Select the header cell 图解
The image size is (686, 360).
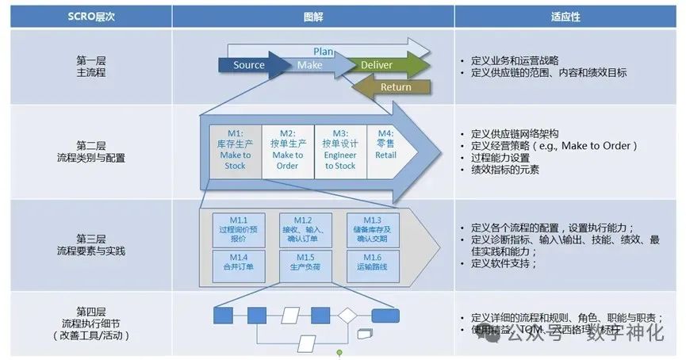click(312, 16)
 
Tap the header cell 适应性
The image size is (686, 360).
click(569, 16)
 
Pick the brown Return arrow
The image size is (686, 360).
click(394, 86)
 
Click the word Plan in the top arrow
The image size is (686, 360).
click(324, 52)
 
